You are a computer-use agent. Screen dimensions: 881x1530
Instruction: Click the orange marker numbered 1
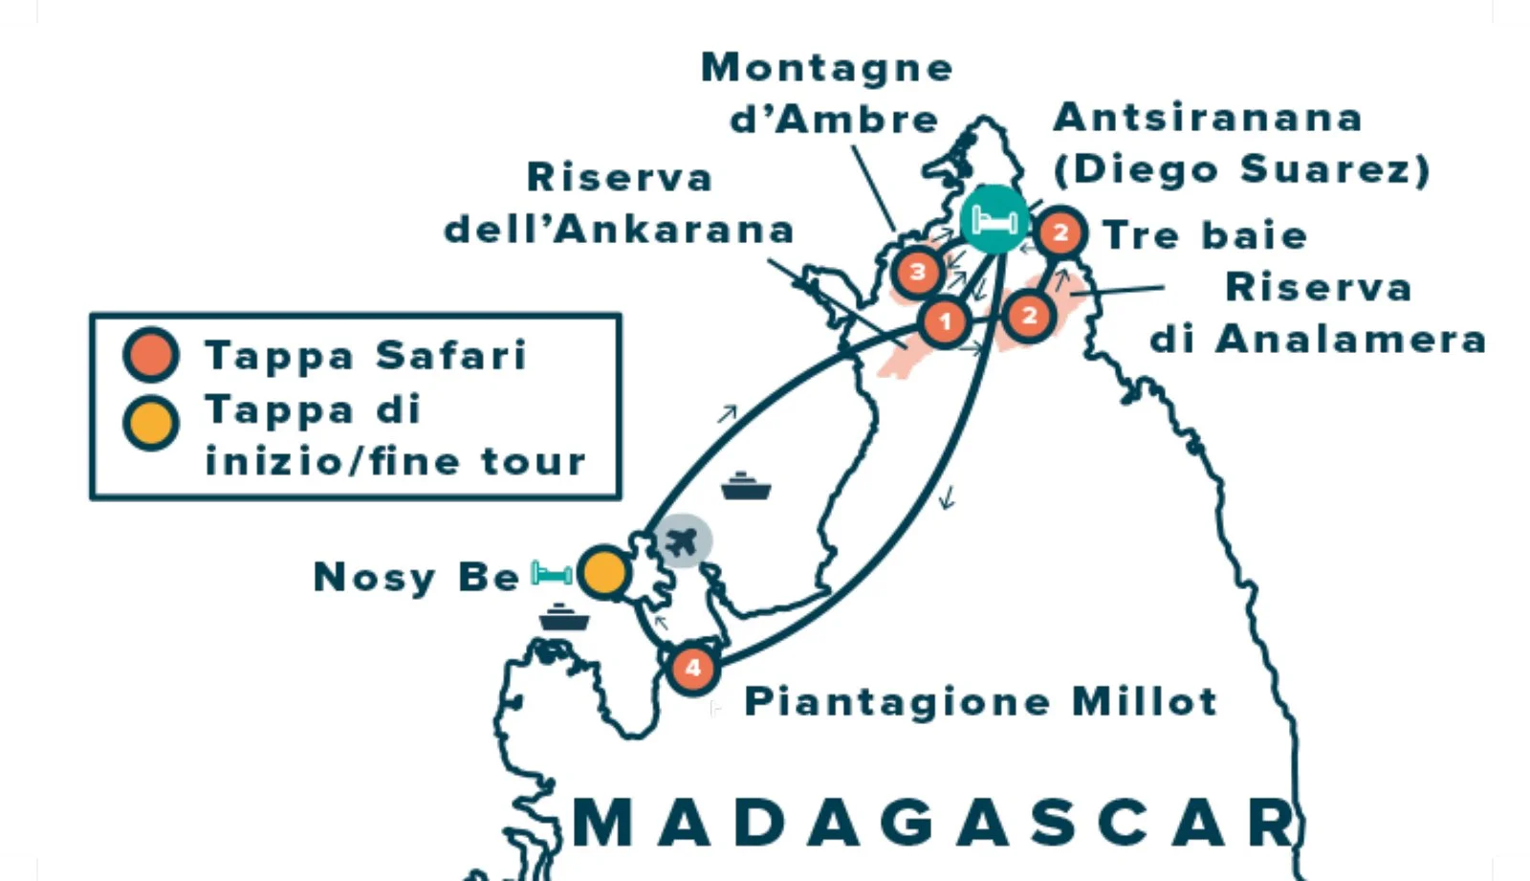click(x=945, y=321)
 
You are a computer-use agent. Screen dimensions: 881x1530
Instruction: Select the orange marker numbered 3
click(x=917, y=272)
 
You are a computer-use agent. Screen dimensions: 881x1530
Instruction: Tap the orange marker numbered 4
click(x=692, y=668)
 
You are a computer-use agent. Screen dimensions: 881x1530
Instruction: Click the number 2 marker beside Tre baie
click(x=1060, y=231)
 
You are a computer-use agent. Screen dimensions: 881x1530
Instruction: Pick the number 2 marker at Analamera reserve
click(x=1028, y=315)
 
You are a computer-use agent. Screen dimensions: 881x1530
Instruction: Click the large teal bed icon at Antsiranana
click(x=994, y=220)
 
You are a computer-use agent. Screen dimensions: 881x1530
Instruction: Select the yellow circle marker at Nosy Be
click(x=604, y=573)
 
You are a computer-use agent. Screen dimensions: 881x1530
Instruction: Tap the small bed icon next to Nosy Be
click(x=552, y=573)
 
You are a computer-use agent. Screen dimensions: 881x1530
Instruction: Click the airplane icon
click(x=682, y=541)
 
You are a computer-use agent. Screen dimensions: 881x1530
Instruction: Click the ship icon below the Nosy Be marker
click(x=564, y=617)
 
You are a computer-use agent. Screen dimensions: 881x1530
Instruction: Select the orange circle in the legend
click(x=151, y=355)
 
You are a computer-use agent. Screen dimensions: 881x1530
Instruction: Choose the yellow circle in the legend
click(x=151, y=422)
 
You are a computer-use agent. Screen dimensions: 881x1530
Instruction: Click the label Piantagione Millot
click(x=980, y=701)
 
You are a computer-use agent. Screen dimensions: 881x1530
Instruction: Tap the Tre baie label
click(x=1204, y=235)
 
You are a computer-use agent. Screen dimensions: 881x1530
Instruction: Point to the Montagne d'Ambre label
click(x=827, y=93)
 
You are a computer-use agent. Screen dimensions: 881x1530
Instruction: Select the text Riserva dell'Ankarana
click(x=620, y=203)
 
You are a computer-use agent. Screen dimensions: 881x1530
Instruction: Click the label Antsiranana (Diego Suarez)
click(x=1240, y=143)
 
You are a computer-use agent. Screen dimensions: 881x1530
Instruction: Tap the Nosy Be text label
click(x=416, y=577)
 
